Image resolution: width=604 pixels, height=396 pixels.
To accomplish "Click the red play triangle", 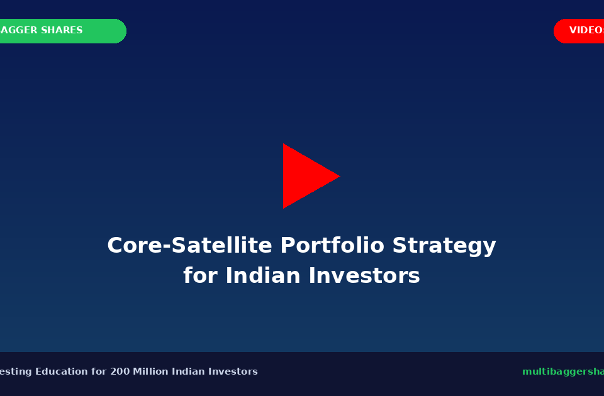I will (x=305, y=176).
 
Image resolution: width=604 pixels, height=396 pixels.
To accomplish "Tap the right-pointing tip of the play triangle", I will (x=338, y=176).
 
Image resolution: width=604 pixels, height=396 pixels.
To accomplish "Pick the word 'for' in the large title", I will (x=201, y=276).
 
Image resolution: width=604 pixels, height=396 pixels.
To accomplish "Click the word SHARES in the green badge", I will (x=62, y=31).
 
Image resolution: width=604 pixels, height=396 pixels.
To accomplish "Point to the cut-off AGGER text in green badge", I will (x=19, y=31).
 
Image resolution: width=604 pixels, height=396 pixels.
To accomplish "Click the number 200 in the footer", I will (x=120, y=371).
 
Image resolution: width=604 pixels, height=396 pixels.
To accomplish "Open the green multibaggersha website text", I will (x=562, y=371).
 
